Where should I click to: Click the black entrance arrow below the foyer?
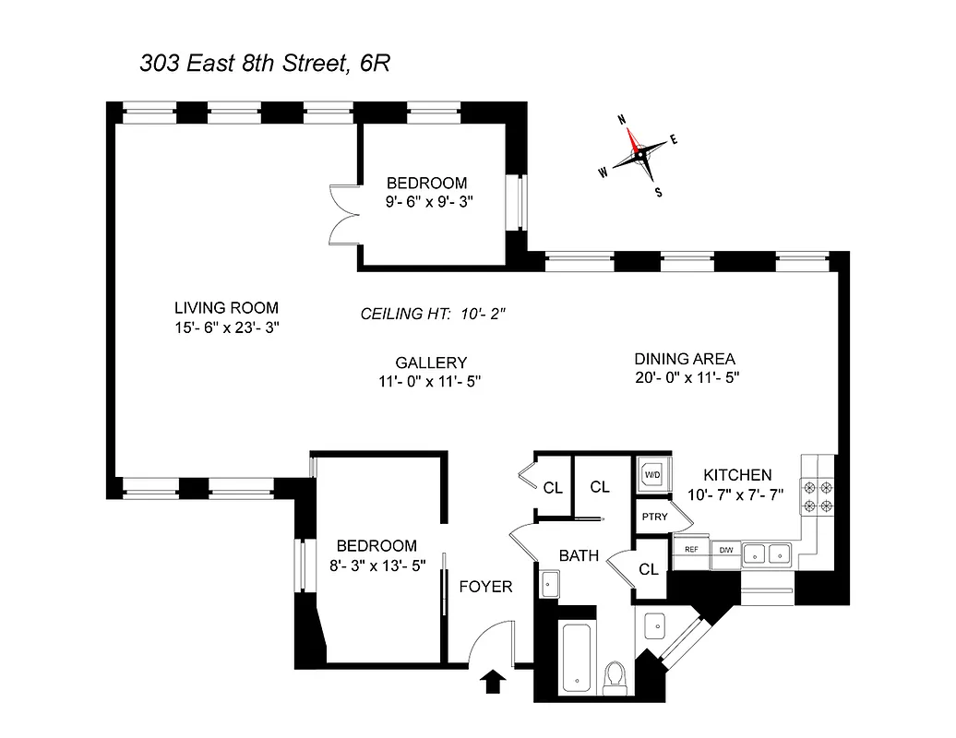494,682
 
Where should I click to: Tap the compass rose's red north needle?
632,138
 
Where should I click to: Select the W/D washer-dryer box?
652,476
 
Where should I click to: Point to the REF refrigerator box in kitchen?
690,549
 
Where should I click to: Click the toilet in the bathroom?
613,678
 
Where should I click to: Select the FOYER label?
485,587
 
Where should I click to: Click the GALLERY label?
431,363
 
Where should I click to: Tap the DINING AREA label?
685,359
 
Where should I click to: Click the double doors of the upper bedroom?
342,212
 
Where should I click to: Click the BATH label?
579,555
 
